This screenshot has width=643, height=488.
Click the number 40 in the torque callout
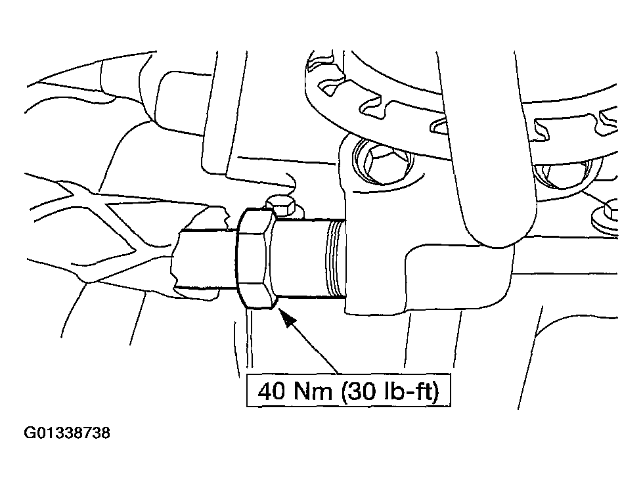pyautogui.click(x=271, y=391)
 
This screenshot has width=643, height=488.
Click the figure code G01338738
pyautogui.click(x=67, y=433)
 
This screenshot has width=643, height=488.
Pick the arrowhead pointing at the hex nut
pyautogui.click(x=287, y=317)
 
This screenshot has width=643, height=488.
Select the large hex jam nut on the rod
pyautogui.click(x=255, y=258)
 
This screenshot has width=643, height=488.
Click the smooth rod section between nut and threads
pyautogui.click(x=299, y=258)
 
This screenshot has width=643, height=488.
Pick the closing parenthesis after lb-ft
pyautogui.click(x=436, y=391)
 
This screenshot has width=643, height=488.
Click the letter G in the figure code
pyautogui.click(x=30, y=433)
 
